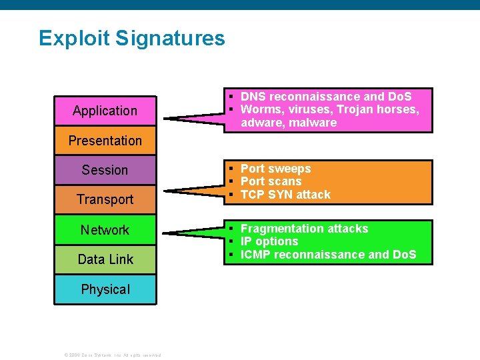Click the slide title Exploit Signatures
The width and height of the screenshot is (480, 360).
pyautogui.click(x=132, y=38)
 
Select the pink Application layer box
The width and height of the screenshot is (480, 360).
pyautogui.click(x=105, y=111)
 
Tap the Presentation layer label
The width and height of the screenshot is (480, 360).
pyautogui.click(x=105, y=141)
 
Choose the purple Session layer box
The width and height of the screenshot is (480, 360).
pyautogui.click(x=105, y=170)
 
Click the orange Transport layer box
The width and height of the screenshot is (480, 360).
pyautogui.click(x=105, y=199)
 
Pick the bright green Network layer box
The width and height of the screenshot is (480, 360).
pyautogui.click(x=105, y=230)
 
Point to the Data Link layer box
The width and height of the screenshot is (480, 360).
pyautogui.click(x=105, y=259)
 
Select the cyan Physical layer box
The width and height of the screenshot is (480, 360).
pyautogui.click(x=105, y=289)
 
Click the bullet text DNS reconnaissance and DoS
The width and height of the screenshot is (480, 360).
pyautogui.click(x=326, y=97)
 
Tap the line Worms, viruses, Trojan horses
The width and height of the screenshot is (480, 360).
pyautogui.click(x=329, y=109)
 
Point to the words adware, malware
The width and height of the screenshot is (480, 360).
pyautogui.click(x=289, y=123)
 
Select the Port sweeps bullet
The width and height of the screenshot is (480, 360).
pyautogui.click(x=275, y=169)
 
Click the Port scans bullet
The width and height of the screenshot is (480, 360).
pyautogui.click(x=271, y=181)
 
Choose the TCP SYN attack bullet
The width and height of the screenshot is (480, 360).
pyautogui.click(x=285, y=195)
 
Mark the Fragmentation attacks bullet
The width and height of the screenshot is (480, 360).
pyautogui.click(x=304, y=229)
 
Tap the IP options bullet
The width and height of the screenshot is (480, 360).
pyautogui.click(x=269, y=241)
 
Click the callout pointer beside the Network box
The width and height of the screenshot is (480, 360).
pyautogui.click(x=193, y=231)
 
